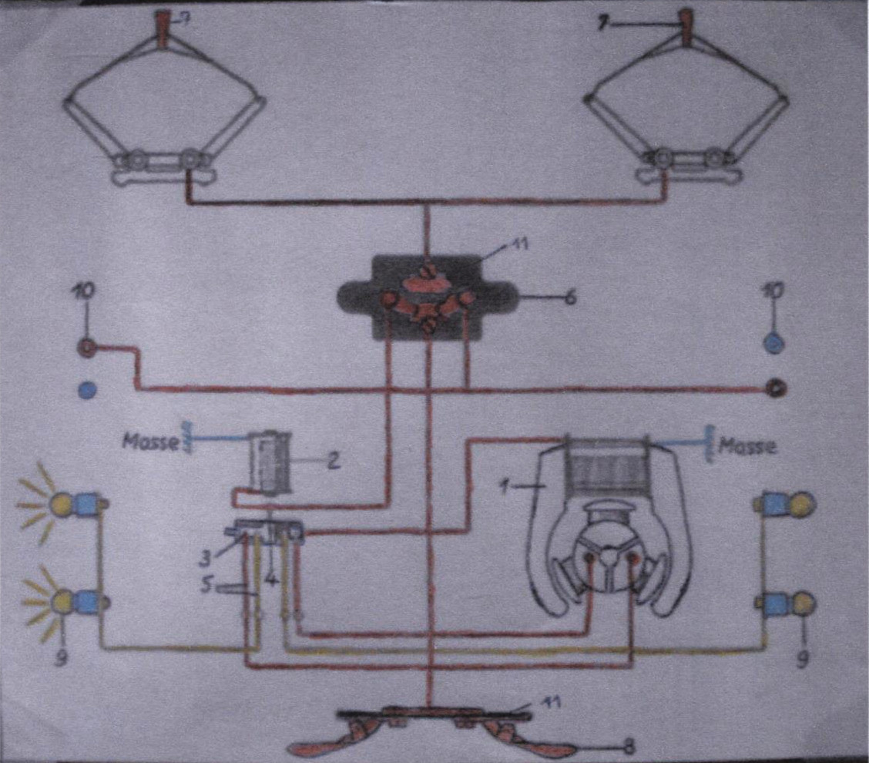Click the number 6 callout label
pos(570,297)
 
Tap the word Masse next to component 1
pos(747,445)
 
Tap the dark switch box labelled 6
pos(428,297)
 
